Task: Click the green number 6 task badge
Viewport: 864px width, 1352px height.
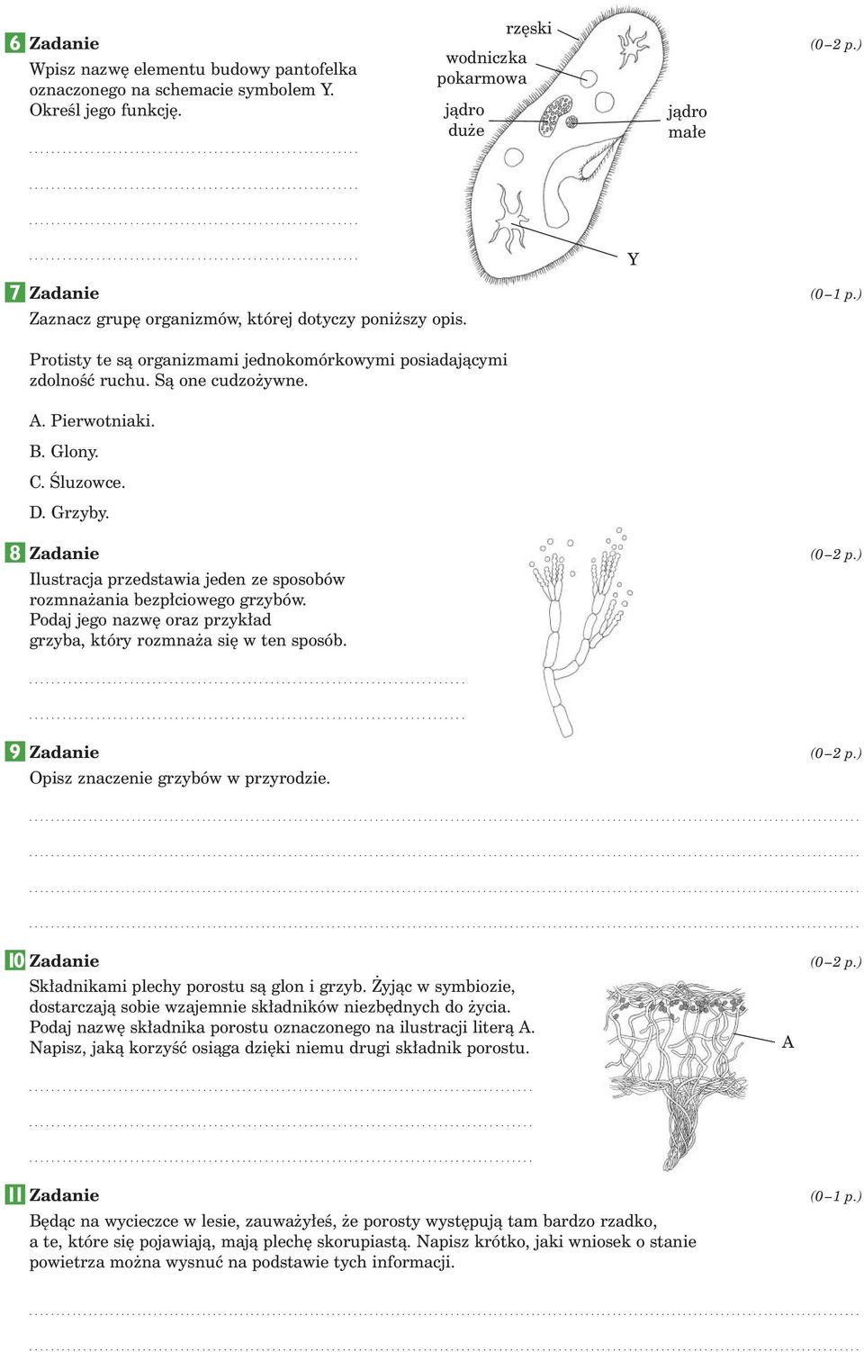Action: (x=14, y=42)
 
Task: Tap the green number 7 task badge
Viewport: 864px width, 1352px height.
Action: (x=14, y=293)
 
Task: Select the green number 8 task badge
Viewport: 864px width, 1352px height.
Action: (x=14, y=553)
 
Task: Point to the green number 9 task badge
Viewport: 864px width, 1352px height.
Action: (x=14, y=752)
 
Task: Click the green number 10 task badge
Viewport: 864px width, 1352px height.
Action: (x=15, y=960)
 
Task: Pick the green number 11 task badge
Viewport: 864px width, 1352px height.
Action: (x=14, y=1194)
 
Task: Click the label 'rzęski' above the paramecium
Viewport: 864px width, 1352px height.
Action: (x=528, y=29)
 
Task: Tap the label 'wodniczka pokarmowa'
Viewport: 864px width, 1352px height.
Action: (x=483, y=68)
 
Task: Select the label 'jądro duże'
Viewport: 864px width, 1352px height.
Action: (x=465, y=120)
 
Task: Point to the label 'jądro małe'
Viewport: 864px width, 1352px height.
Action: (x=687, y=122)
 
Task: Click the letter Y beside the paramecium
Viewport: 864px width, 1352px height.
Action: (x=633, y=259)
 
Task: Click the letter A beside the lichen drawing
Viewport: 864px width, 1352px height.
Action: (x=787, y=1042)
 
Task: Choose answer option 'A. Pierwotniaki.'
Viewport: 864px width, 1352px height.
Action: (x=92, y=420)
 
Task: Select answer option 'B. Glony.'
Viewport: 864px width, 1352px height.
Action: (x=64, y=451)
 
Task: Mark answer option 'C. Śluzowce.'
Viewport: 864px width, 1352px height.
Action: (x=77, y=482)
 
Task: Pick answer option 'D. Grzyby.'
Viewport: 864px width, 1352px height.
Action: (x=69, y=512)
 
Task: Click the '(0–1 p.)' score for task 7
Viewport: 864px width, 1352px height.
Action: (x=834, y=293)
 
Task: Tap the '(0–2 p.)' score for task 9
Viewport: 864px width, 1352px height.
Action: (x=834, y=753)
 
